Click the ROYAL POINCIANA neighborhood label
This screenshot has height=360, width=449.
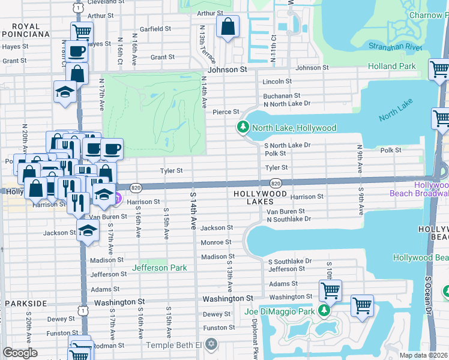pos(25,31)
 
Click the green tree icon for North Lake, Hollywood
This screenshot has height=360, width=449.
pos(243,127)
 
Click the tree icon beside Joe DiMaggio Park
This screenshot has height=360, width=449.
pos(324,310)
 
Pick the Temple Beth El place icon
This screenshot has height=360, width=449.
pos(210,344)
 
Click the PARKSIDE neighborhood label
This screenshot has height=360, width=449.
pos(25,304)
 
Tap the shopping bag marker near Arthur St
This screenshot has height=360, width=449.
pos(228,26)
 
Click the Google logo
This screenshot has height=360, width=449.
pos(20,353)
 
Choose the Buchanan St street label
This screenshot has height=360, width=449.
pos(281,95)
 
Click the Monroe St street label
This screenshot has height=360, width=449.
pos(216,242)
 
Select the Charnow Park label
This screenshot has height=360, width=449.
pos(426,15)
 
